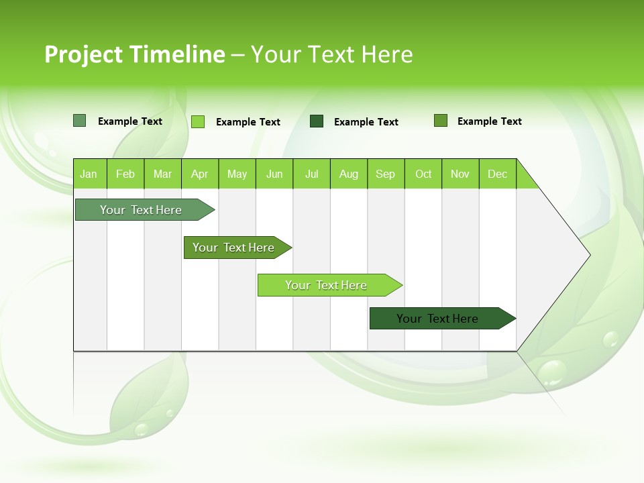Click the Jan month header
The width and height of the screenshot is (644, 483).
tap(89, 174)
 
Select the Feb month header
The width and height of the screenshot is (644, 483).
tap(125, 174)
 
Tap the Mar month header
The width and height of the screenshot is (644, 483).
tap(162, 174)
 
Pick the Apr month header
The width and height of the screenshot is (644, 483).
tap(200, 174)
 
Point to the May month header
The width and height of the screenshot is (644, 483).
tap(237, 174)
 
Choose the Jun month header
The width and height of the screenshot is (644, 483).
tap(274, 174)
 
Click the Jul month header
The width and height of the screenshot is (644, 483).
tap(311, 174)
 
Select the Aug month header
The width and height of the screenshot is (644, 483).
tap(349, 174)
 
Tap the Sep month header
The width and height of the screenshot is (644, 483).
tap(386, 174)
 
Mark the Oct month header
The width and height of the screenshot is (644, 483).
tap(423, 174)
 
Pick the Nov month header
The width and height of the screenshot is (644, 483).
tap(460, 174)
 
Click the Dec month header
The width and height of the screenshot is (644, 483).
tap(498, 174)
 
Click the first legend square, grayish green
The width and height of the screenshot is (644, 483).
tap(79, 121)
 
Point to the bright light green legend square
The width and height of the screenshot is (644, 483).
tap(198, 121)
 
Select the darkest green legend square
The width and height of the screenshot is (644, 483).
tap(317, 121)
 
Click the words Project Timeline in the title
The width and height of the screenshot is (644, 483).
tap(134, 54)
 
